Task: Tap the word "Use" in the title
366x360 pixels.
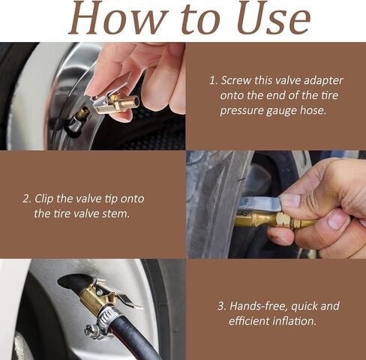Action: pos(274,18)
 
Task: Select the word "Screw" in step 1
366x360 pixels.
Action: pos(236,80)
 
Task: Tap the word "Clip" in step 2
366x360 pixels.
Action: pos(43,199)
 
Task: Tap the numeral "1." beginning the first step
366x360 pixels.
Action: pos(214,81)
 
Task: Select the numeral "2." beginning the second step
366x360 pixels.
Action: pos(27,199)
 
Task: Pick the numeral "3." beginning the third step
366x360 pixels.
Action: pos(222,306)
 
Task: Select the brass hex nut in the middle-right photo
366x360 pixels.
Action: pos(283,220)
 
